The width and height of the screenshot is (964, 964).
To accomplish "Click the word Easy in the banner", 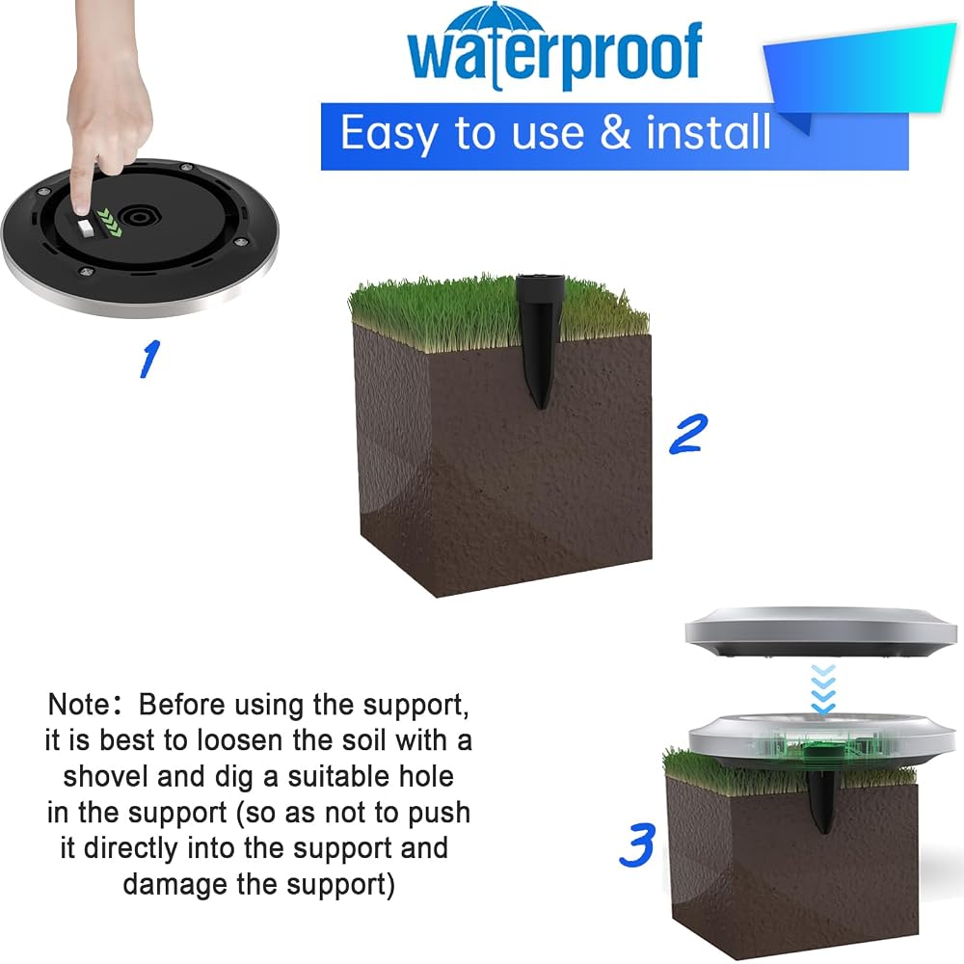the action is [388, 134].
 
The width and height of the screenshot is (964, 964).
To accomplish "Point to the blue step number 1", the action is [149, 359].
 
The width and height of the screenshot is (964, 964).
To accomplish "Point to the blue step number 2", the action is [688, 434].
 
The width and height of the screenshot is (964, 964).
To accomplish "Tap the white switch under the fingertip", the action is [86, 227].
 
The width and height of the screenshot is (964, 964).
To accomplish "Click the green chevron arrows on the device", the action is [110, 223].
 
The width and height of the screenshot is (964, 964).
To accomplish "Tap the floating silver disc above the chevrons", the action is [820, 632].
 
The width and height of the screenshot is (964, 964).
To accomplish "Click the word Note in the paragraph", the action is [79, 705].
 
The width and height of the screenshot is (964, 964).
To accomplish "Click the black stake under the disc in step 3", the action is [819, 799].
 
